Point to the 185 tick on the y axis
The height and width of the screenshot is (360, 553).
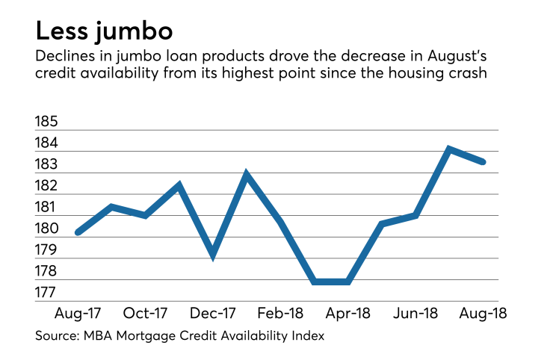click(46, 121)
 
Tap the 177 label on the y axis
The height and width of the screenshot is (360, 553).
click(46, 294)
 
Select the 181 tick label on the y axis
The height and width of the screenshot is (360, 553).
click(46, 207)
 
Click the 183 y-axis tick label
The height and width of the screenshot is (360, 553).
click(46, 164)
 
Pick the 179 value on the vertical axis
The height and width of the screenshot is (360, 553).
click(46, 250)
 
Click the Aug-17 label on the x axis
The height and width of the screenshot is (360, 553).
click(77, 312)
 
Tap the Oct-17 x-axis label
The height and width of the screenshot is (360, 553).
click(145, 312)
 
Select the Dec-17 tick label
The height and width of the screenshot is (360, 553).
click(213, 312)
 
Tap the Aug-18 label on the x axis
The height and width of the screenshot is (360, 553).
click(483, 312)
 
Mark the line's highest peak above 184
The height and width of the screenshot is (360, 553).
click(449, 149)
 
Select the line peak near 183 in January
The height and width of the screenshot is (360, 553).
click(247, 175)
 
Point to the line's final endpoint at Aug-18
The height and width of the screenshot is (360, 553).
click(483, 161)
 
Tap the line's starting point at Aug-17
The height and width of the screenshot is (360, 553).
click(78, 232)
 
